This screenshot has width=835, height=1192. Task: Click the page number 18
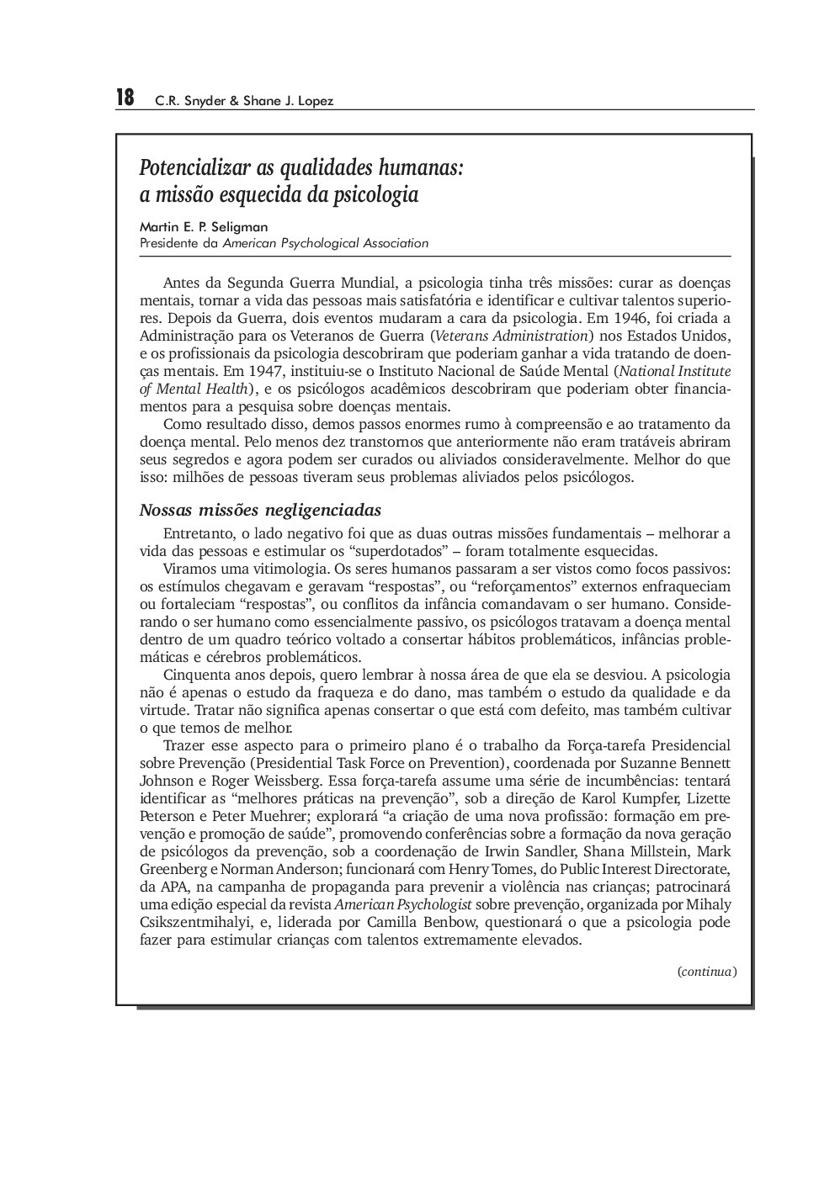(125, 98)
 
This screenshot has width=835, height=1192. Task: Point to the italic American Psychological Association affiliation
(325, 244)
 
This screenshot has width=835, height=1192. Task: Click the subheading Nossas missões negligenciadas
(260, 511)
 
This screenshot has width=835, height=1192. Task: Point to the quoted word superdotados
(389, 552)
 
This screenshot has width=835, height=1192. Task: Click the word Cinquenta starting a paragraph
(194, 675)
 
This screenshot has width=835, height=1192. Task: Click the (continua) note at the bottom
(707, 972)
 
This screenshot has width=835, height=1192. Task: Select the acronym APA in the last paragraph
(173, 887)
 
